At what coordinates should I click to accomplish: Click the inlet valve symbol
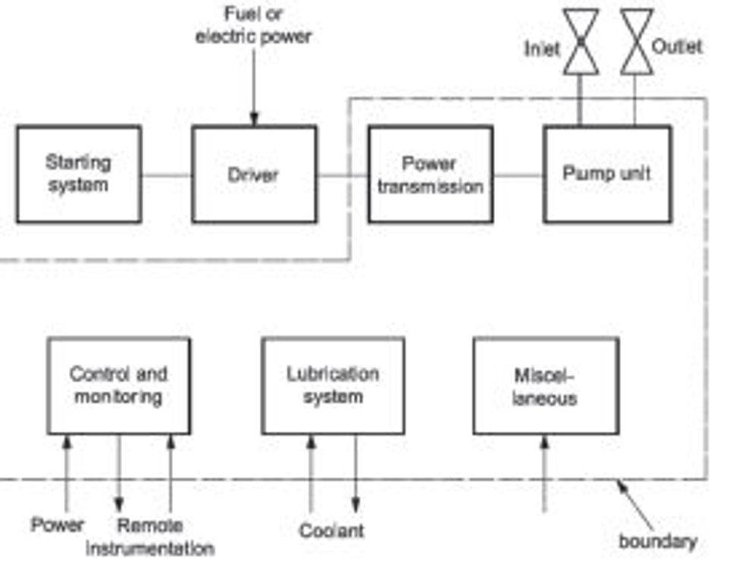click(581, 42)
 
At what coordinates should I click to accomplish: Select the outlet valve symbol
click(636, 42)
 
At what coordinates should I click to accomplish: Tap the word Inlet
click(541, 49)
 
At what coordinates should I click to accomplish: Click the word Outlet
click(676, 46)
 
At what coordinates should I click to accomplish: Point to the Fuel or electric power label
click(253, 24)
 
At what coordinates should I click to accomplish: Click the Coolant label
click(332, 530)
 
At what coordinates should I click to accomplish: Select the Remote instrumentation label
click(150, 537)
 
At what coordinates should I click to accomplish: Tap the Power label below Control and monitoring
click(58, 524)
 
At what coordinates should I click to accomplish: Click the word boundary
click(658, 541)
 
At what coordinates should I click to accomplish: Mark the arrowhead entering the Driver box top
click(254, 119)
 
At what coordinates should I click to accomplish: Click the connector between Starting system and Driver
click(167, 175)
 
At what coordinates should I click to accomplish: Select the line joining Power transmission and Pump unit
click(519, 175)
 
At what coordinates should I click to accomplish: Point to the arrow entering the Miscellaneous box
click(544, 473)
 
